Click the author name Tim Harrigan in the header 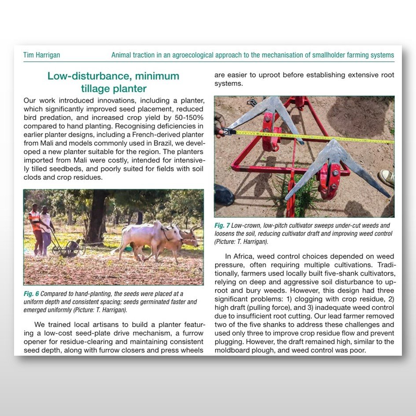tap(41, 55)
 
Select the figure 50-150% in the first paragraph tap(188, 118)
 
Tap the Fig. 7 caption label tap(222, 225)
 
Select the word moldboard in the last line tap(235, 350)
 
